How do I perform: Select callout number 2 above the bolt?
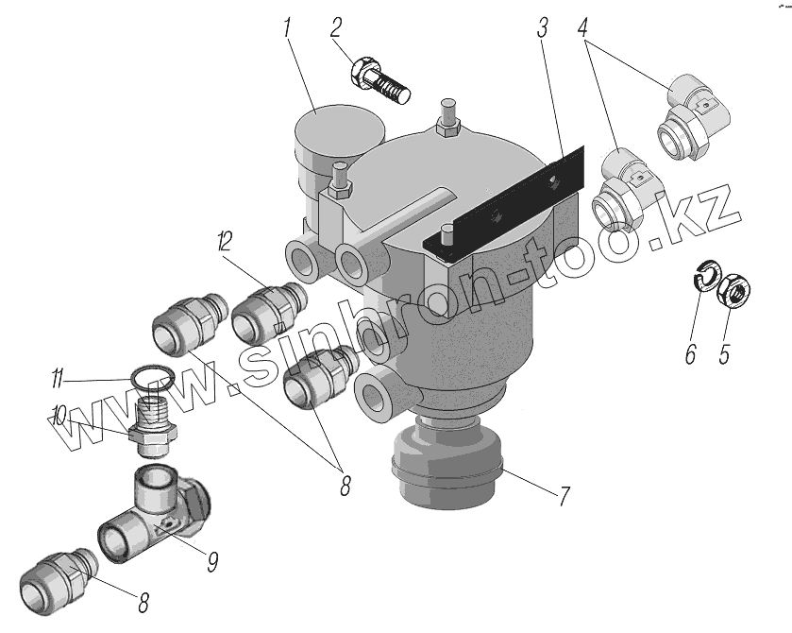tap(336, 28)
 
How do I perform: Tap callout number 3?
tap(542, 28)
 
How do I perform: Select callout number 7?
tap(564, 496)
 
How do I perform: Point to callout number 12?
tap(225, 241)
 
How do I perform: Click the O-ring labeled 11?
tap(151, 378)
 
